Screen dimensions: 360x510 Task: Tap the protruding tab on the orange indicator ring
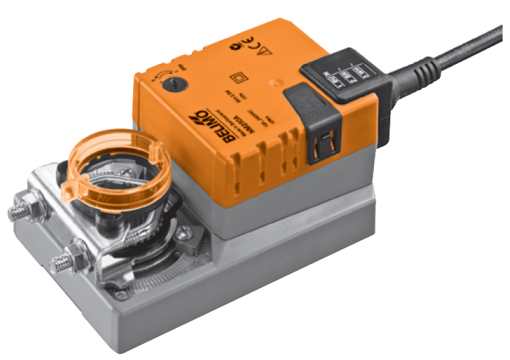69,192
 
